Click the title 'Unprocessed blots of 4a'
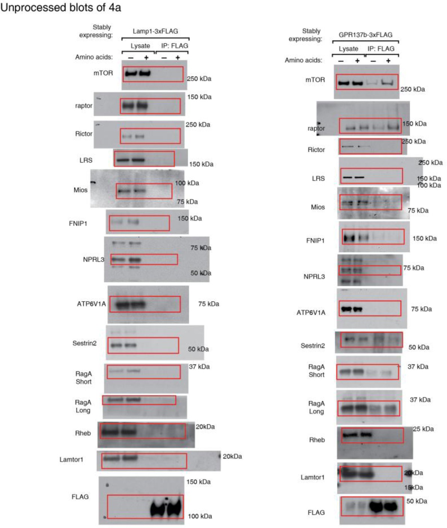point(61,7)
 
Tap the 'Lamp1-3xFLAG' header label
point(155,31)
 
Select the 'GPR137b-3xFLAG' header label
point(365,35)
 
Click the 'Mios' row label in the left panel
point(80,190)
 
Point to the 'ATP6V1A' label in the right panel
point(311,312)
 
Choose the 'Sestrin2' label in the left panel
point(84,343)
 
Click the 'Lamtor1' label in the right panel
point(312,477)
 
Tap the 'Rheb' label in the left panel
point(83,433)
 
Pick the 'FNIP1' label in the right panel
point(315,241)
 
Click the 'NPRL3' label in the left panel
point(93,259)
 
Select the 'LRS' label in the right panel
point(318,178)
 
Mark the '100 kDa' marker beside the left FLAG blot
point(200,516)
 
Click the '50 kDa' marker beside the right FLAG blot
point(417,501)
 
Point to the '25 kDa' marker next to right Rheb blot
point(423,429)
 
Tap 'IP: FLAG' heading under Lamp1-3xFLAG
point(175,46)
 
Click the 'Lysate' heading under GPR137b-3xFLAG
point(348,49)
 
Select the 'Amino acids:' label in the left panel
point(94,57)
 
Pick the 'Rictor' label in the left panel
point(84,134)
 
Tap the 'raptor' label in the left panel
point(84,106)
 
